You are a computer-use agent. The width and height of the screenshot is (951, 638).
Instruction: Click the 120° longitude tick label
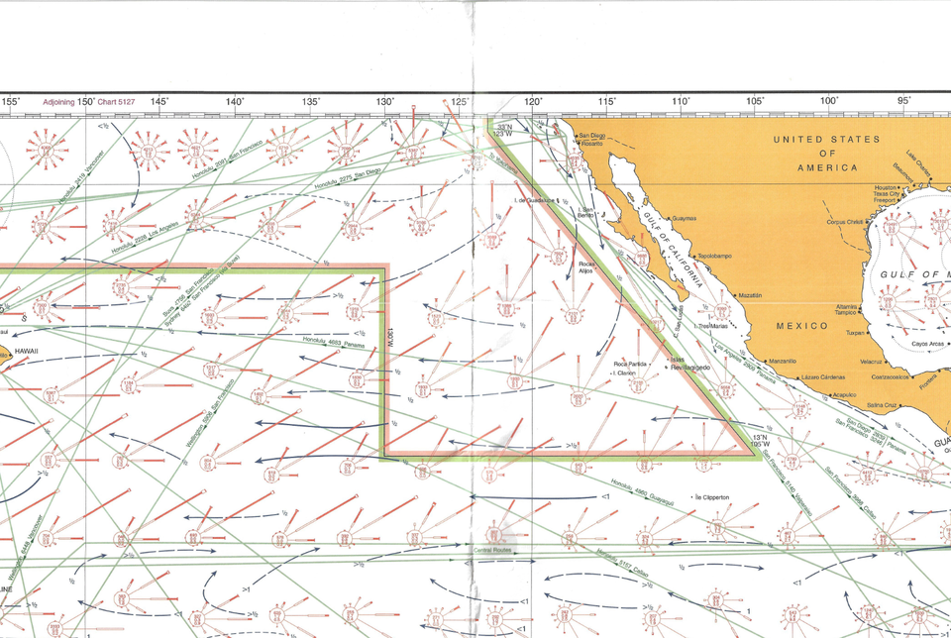tap(533, 101)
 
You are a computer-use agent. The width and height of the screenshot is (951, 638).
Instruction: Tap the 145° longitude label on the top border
tap(158, 101)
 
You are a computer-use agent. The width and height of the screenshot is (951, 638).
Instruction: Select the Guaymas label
tap(684, 218)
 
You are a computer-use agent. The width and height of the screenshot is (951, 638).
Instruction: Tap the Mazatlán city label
tap(752, 295)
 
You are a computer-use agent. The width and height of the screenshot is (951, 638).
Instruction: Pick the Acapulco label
tap(844, 393)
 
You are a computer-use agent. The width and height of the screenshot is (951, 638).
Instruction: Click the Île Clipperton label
tap(713, 496)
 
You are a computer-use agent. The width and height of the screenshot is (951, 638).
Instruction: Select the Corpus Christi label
tap(846, 222)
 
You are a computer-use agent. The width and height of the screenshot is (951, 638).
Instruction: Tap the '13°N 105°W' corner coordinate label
tap(760, 441)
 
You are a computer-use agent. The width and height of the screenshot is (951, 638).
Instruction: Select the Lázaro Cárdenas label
tap(823, 377)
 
